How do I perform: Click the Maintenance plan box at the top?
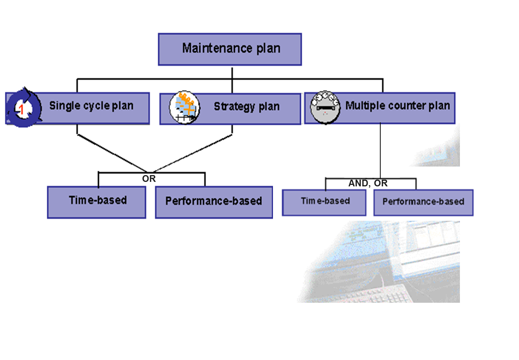point(230,49)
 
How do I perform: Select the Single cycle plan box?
point(93,109)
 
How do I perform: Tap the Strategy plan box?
point(247,109)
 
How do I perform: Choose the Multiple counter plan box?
point(396,109)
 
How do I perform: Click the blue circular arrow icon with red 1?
point(24,108)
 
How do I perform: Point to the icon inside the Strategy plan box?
point(184,107)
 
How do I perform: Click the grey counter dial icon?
point(325,107)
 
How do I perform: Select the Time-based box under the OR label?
point(96,202)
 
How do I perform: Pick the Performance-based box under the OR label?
point(214,202)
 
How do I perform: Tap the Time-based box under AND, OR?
point(324,202)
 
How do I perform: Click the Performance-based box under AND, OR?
point(423,202)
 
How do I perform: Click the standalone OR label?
point(149,179)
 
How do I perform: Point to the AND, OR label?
point(368,183)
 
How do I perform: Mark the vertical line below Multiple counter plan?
point(380,150)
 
